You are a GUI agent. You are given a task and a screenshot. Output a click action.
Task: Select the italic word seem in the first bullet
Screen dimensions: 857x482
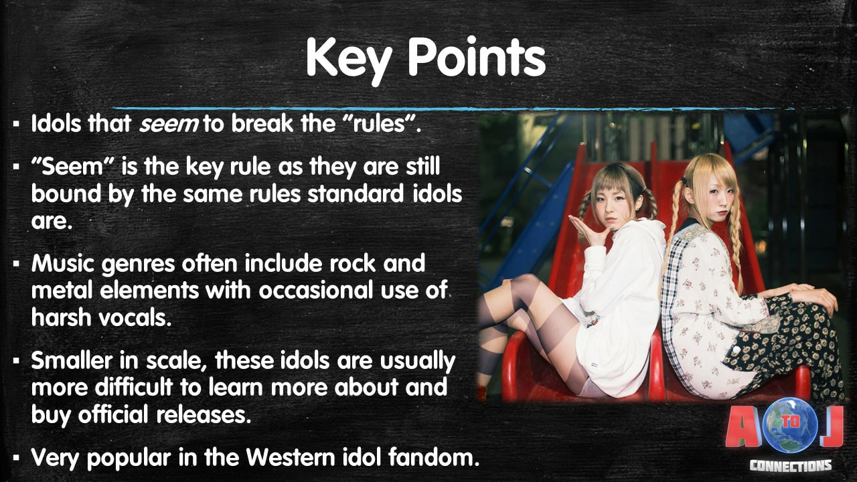(x=169, y=125)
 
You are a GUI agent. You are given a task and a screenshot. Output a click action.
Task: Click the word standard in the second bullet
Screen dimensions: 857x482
(x=356, y=193)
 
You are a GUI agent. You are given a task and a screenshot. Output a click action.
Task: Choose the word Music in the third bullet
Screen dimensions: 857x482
(x=63, y=263)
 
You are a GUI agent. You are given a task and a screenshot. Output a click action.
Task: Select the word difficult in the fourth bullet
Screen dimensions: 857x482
(x=134, y=387)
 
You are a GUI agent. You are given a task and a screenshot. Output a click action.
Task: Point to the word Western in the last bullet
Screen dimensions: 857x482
(x=291, y=457)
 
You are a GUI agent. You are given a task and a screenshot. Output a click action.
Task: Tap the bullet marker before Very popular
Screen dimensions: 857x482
(x=15, y=457)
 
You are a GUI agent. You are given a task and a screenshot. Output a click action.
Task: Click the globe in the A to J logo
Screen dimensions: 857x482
(x=790, y=424)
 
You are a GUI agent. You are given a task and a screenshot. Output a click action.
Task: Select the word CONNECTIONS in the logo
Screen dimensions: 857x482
(x=791, y=465)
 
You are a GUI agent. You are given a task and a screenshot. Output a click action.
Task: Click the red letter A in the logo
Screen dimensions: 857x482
(x=744, y=426)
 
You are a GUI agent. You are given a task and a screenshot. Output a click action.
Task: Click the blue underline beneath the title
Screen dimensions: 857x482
(x=451, y=108)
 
